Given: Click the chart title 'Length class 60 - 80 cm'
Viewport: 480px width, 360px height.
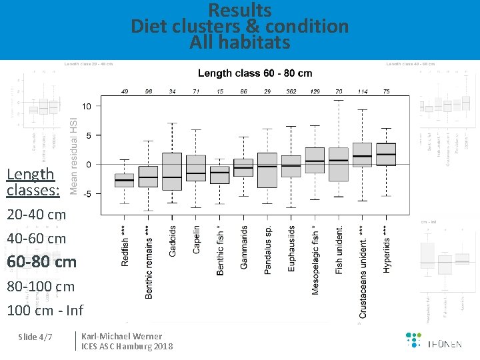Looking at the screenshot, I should (255, 73).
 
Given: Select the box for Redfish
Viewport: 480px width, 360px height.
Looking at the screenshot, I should (124, 180).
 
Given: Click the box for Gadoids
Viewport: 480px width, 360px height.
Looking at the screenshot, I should (172, 171).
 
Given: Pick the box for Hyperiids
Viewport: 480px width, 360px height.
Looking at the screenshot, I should (385, 154).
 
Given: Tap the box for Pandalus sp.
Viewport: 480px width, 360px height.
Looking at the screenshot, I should (267, 170).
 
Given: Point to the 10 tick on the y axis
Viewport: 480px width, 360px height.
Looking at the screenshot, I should (87, 107).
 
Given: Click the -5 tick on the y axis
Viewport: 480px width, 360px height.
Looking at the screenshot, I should (87, 193).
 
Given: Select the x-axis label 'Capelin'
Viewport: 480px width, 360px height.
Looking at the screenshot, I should (197, 239).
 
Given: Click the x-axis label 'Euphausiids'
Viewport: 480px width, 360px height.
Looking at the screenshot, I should (291, 247).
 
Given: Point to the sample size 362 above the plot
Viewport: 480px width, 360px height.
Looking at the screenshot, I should (291, 91).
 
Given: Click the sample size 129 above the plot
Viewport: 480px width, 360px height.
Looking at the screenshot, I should (315, 91).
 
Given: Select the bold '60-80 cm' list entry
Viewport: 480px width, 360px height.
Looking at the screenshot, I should (41, 262).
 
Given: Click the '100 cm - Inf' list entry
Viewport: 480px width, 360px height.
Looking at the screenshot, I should (45, 310).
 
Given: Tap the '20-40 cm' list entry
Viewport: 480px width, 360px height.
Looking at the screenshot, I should (37, 215).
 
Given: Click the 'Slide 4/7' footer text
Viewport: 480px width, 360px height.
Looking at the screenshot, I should (35, 337).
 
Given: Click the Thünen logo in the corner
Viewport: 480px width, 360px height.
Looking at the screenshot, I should (433, 340).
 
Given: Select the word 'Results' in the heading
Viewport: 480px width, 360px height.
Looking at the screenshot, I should (240, 11).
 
